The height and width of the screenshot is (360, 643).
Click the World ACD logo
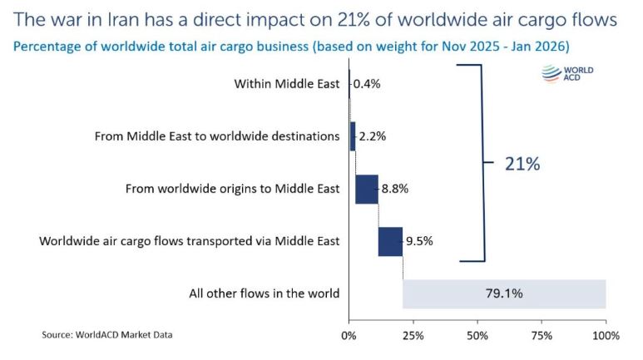(569, 76)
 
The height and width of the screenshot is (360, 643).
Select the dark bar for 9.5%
(390, 241)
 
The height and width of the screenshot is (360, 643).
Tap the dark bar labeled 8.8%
(367, 189)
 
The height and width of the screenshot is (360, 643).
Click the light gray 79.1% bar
(504, 293)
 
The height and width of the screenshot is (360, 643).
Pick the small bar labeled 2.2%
(353, 136)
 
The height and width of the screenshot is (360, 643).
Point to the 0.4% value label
(367, 84)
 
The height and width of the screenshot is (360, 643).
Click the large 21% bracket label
(522, 164)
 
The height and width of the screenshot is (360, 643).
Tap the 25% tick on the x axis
(413, 336)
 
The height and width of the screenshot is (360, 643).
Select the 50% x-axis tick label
(477, 336)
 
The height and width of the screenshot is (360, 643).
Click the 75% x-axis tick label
(542, 336)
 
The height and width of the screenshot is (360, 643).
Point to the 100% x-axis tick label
(606, 336)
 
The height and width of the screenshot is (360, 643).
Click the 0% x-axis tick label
(349, 336)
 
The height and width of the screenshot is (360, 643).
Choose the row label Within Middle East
(287, 84)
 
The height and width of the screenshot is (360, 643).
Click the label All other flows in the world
(265, 293)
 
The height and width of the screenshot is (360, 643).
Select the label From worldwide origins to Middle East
(232, 189)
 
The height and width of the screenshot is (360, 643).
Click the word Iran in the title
(118, 17)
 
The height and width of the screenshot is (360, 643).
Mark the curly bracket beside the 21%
(479, 164)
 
